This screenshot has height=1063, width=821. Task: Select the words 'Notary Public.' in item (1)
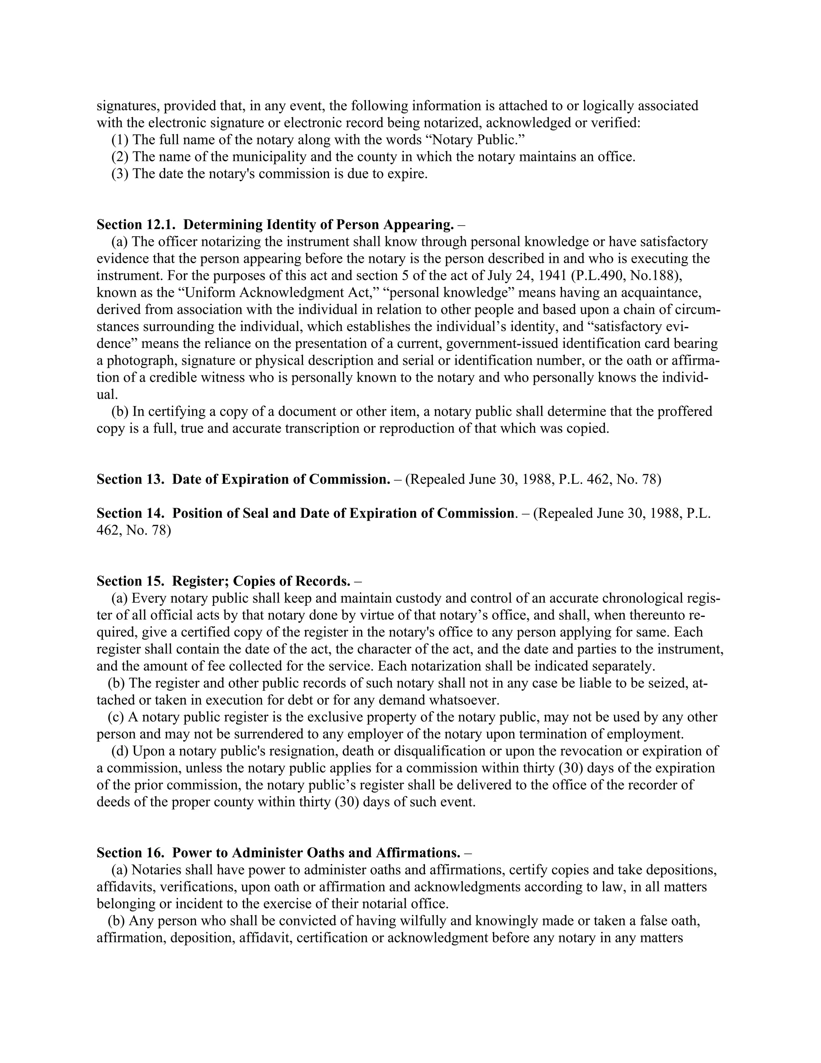[x=479, y=140]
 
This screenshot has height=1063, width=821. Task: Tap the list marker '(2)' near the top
[x=120, y=157]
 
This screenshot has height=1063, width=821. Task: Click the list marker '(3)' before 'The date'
[x=120, y=174]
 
